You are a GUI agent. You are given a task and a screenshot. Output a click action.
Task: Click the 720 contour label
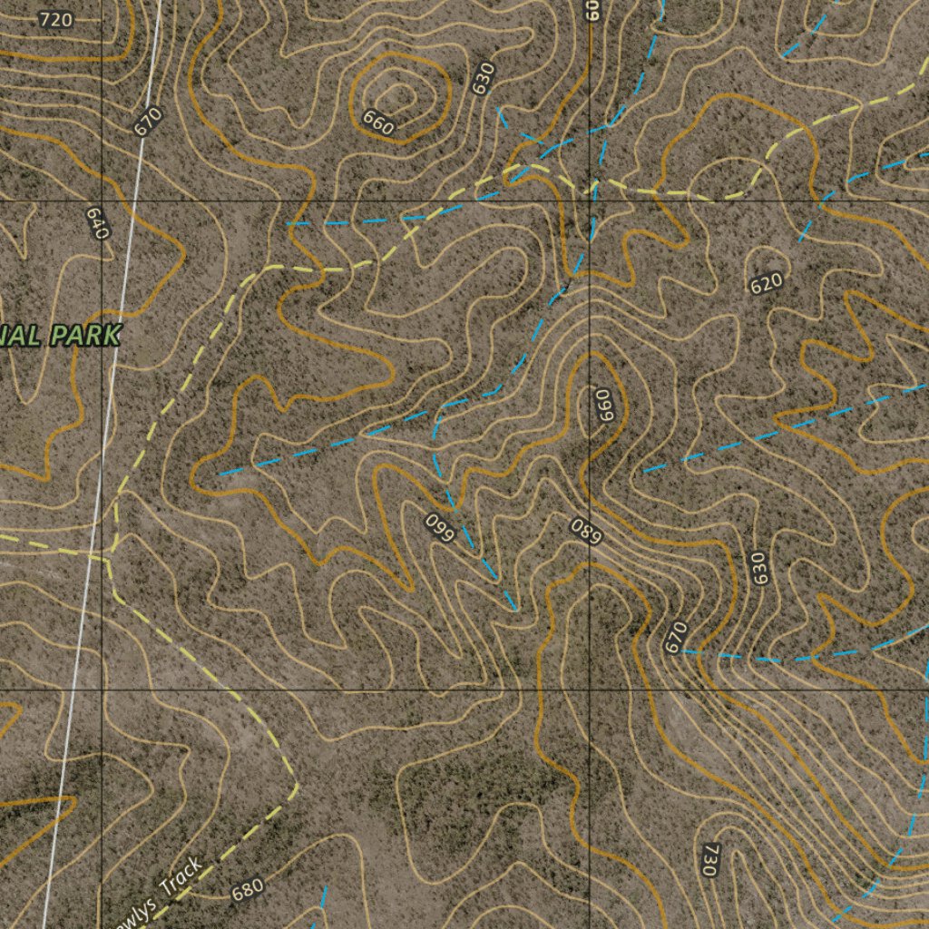pyautogui.click(x=56, y=19)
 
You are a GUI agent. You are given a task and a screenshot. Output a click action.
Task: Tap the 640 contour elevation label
pyautogui.click(x=97, y=222)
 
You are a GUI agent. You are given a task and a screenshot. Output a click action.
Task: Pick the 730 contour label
pyautogui.click(x=709, y=858)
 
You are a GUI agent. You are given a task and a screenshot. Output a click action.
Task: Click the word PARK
pyautogui.click(x=86, y=337)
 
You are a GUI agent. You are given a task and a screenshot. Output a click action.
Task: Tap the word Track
pyautogui.click(x=181, y=877)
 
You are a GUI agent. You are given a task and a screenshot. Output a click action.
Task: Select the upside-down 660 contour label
pyautogui.click(x=440, y=528)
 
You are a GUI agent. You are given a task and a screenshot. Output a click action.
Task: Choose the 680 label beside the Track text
pyautogui.click(x=247, y=890)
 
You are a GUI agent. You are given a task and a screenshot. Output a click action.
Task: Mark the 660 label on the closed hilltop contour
pyautogui.click(x=377, y=122)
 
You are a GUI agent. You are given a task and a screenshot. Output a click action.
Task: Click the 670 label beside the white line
pyautogui.click(x=147, y=121)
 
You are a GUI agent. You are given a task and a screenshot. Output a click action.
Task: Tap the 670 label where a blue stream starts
pyautogui.click(x=677, y=637)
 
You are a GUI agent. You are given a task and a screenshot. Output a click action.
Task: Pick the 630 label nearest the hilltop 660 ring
pyautogui.click(x=483, y=78)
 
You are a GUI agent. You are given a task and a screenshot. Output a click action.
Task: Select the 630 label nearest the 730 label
pyautogui.click(x=758, y=568)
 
